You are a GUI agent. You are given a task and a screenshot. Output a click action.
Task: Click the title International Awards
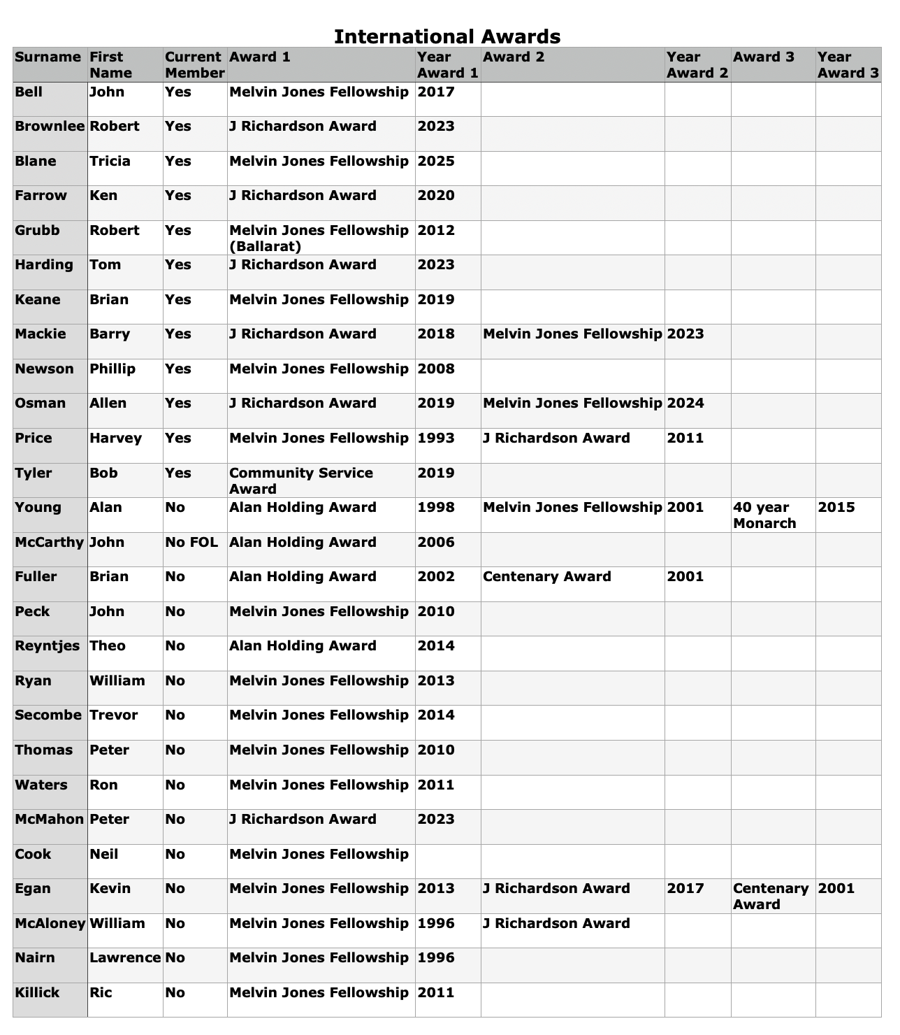(x=447, y=36)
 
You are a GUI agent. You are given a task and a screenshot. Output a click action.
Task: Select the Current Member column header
(x=194, y=65)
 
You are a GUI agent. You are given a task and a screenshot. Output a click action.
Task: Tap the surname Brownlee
(x=50, y=127)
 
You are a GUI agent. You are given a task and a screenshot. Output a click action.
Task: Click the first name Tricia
(x=110, y=162)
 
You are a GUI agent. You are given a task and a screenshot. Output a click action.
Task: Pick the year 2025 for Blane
(x=436, y=162)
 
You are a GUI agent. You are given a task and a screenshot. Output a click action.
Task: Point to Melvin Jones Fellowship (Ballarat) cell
(x=319, y=238)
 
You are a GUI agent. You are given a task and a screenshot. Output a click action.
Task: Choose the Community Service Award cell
(x=301, y=481)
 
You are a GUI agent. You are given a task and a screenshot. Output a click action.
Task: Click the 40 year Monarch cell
(x=764, y=515)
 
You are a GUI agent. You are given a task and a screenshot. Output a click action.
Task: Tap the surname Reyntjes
(x=48, y=646)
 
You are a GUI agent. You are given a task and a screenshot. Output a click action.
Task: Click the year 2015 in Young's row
(x=836, y=508)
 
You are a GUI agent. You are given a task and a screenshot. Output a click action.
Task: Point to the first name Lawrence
(x=125, y=958)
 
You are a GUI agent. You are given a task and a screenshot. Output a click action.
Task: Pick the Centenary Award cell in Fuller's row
(x=547, y=577)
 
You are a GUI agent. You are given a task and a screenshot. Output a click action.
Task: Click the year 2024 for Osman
(x=685, y=404)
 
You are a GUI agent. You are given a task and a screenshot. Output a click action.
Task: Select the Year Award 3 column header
(x=848, y=65)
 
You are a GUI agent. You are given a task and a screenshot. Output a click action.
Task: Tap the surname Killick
(x=37, y=993)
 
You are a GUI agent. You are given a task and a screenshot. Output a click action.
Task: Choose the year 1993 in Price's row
(x=436, y=438)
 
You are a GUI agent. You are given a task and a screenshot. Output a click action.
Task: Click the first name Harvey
(x=115, y=438)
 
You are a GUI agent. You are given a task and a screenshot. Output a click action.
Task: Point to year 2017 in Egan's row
(x=685, y=889)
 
